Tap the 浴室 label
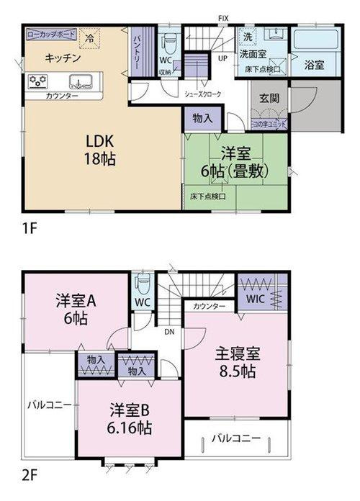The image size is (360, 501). [x=314, y=65]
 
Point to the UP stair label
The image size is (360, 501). [x=223, y=58]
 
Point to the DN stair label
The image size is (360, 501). [x=169, y=332]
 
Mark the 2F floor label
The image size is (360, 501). [x=30, y=476]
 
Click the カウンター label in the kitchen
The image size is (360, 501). [x=63, y=96]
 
